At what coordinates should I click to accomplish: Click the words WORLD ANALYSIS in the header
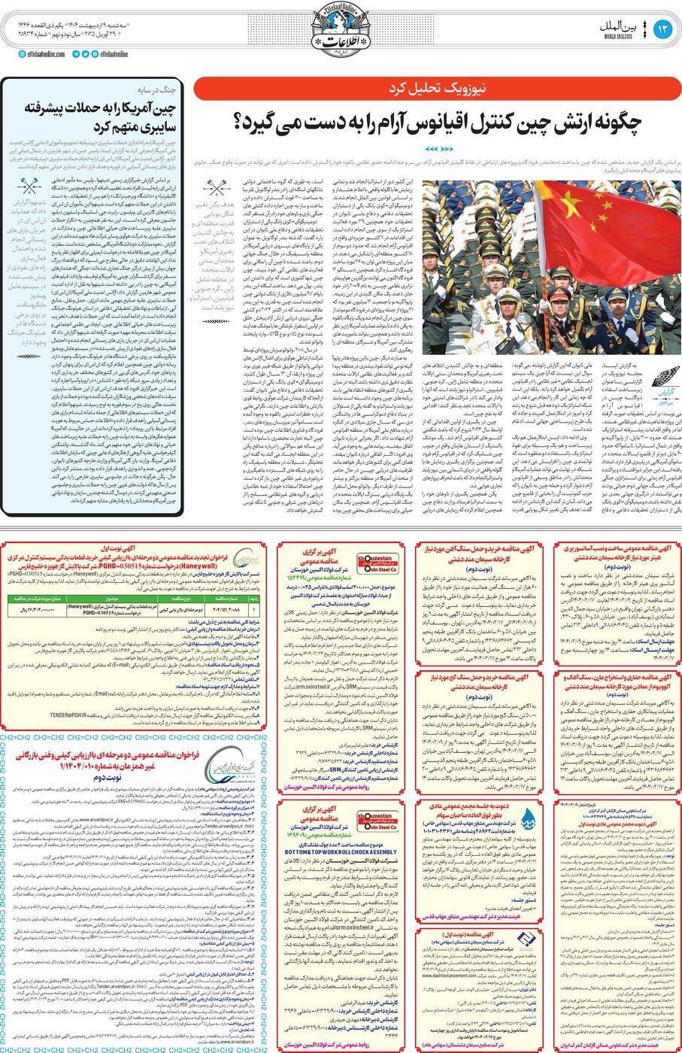pyautogui.click(x=619, y=35)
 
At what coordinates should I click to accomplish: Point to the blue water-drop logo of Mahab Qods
pyautogui.click(x=528, y=819)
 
